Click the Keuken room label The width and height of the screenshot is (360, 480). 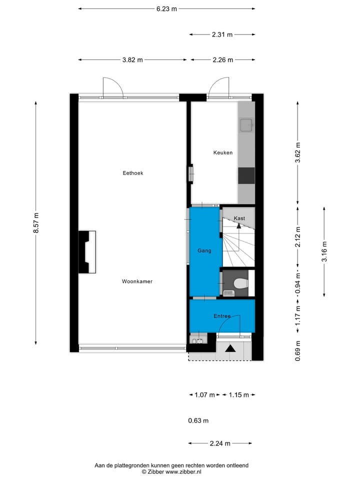click(x=223, y=153)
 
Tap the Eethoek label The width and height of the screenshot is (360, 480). click(x=133, y=173)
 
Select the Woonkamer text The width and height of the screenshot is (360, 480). click(x=137, y=281)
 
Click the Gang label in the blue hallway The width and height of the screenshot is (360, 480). click(x=204, y=251)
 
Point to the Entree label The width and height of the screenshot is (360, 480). click(x=222, y=316)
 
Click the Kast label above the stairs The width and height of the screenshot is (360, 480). click(x=239, y=218)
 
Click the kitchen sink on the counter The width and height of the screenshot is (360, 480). click(x=246, y=124)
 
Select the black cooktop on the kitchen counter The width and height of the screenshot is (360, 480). click(x=246, y=175)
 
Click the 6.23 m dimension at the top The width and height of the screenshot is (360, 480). click(x=166, y=8)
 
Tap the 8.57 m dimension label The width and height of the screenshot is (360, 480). click(x=36, y=223)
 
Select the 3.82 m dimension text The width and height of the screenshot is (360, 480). click(x=132, y=60)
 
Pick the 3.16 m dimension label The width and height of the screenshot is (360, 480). click(x=324, y=252)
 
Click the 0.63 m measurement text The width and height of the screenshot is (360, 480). click(x=198, y=420)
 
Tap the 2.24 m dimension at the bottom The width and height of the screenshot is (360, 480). click(x=220, y=443)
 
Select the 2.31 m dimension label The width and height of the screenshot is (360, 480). click(x=222, y=34)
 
